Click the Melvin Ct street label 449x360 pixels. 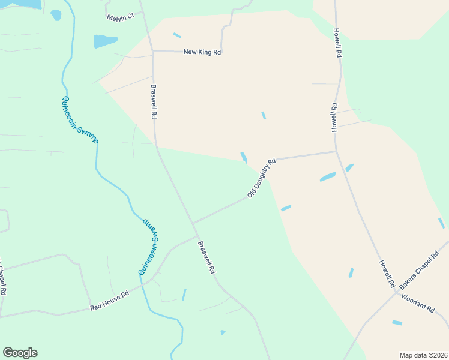[121, 17]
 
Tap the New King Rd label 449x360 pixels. [202, 52]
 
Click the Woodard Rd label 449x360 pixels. [417, 303]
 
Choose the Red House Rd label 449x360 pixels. [109, 301]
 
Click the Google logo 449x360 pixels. [20, 353]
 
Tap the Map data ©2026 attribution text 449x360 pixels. [423, 355]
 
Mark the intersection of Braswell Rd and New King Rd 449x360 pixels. [153, 52]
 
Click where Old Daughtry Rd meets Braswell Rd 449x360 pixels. [193, 223]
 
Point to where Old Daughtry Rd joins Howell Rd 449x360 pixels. [336, 151]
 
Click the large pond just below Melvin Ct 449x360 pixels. [104, 41]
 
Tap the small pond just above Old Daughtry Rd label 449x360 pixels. [244, 157]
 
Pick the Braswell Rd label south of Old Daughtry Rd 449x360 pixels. [206, 257]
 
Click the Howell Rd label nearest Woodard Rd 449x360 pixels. [386, 272]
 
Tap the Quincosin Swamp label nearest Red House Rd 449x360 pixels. [151, 247]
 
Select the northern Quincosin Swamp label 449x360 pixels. [80, 119]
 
